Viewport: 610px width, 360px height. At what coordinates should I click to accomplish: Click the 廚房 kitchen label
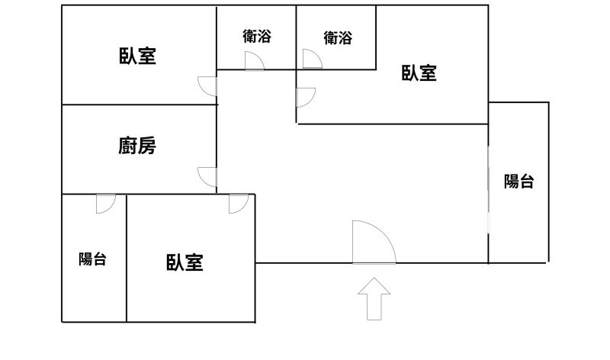(x=138, y=146)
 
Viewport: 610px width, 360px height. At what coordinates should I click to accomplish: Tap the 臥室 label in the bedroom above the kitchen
(x=138, y=56)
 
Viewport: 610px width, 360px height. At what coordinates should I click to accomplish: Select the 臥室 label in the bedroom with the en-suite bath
(x=419, y=73)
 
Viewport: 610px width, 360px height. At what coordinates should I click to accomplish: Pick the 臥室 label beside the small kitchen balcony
(x=185, y=263)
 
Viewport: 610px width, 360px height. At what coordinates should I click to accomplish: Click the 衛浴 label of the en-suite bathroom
(x=338, y=37)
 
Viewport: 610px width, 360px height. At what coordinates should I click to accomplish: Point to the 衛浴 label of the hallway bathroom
(x=257, y=36)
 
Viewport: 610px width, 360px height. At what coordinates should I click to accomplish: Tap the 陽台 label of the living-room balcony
(x=518, y=182)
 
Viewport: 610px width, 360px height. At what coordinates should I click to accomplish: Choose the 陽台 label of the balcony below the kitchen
(x=92, y=259)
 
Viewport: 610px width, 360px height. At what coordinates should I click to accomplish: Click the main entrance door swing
(x=373, y=243)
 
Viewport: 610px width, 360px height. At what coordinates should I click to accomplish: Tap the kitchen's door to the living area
(x=207, y=177)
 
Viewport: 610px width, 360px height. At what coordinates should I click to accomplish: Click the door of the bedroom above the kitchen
(x=207, y=85)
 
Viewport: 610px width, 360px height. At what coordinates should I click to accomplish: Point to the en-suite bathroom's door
(x=312, y=59)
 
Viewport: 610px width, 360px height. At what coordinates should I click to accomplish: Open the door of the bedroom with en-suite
(x=305, y=97)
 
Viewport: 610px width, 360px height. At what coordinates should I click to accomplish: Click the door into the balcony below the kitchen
(x=105, y=203)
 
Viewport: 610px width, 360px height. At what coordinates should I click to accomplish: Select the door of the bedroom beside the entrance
(x=238, y=204)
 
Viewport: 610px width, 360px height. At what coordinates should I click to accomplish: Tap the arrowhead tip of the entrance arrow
(x=374, y=279)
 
